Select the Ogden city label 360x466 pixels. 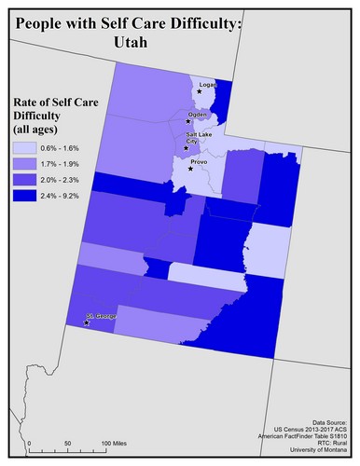click(x=197, y=116)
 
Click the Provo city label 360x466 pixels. click(x=199, y=161)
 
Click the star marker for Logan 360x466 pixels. click(x=199, y=91)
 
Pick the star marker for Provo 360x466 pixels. click(x=186, y=168)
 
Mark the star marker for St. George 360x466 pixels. click(x=86, y=322)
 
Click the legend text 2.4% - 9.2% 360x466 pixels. click(x=64, y=196)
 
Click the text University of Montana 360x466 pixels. click(x=313, y=452)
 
